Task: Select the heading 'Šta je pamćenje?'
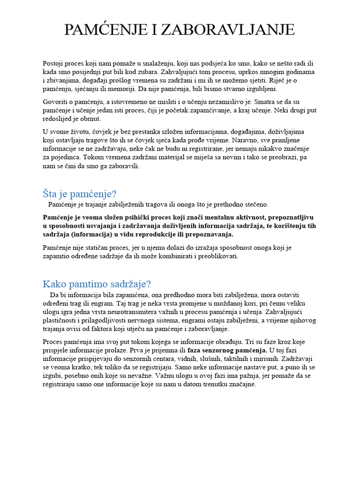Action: pos(79,194)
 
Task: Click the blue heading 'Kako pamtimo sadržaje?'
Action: pos(97,284)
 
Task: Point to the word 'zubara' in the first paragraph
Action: pos(146,72)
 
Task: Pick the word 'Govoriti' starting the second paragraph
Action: pos(55,102)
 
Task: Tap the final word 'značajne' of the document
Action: pos(241,384)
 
